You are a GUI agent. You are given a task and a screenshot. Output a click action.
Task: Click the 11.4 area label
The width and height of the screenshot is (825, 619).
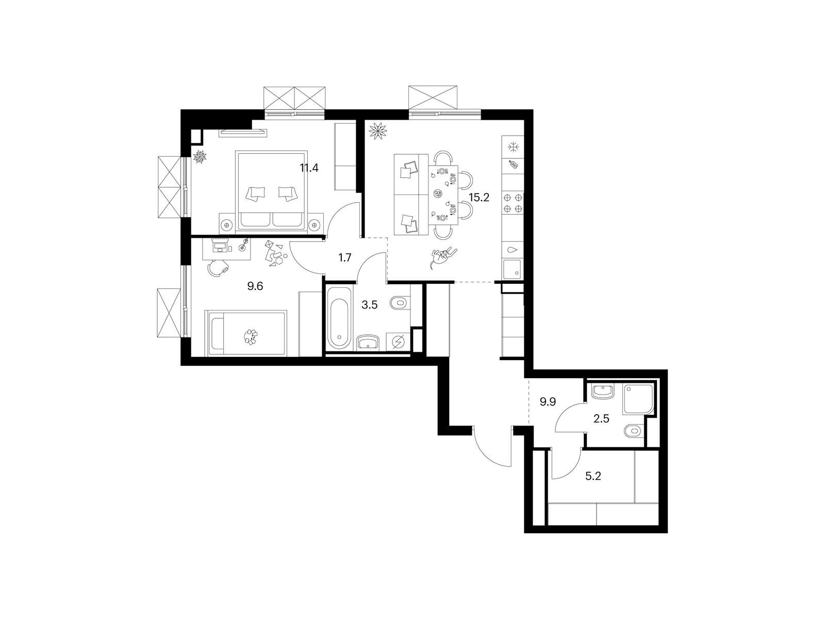tap(309, 168)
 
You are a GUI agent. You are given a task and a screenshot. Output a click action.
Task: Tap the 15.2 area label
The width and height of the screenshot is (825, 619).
tap(479, 198)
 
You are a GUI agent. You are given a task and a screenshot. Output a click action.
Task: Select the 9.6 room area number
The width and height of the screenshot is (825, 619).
tap(255, 286)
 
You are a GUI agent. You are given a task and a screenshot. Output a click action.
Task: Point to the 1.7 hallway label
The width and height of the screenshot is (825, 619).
tap(344, 258)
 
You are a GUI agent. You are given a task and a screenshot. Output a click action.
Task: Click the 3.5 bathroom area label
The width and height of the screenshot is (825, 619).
tap(370, 305)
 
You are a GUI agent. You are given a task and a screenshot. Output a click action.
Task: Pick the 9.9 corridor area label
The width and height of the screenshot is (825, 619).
tap(548, 402)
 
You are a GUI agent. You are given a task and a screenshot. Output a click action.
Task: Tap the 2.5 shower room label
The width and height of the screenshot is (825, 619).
tap(601, 419)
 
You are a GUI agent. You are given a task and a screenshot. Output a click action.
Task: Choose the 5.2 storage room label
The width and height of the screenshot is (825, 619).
tap(593, 476)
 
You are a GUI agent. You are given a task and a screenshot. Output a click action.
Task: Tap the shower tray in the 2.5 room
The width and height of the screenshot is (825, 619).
tap(638, 399)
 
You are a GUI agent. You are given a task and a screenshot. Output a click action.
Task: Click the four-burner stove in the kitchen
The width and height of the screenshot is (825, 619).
tap(513, 203)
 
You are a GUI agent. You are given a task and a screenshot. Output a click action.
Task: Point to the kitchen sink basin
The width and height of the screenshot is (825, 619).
tap(512, 269)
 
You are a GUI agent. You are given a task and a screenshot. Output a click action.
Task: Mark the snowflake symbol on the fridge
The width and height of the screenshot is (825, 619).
tap(512, 148)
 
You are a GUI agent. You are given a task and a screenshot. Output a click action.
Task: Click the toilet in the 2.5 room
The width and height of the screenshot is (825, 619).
tap(634, 431)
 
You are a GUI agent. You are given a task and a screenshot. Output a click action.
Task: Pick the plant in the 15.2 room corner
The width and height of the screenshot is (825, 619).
tap(378, 131)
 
